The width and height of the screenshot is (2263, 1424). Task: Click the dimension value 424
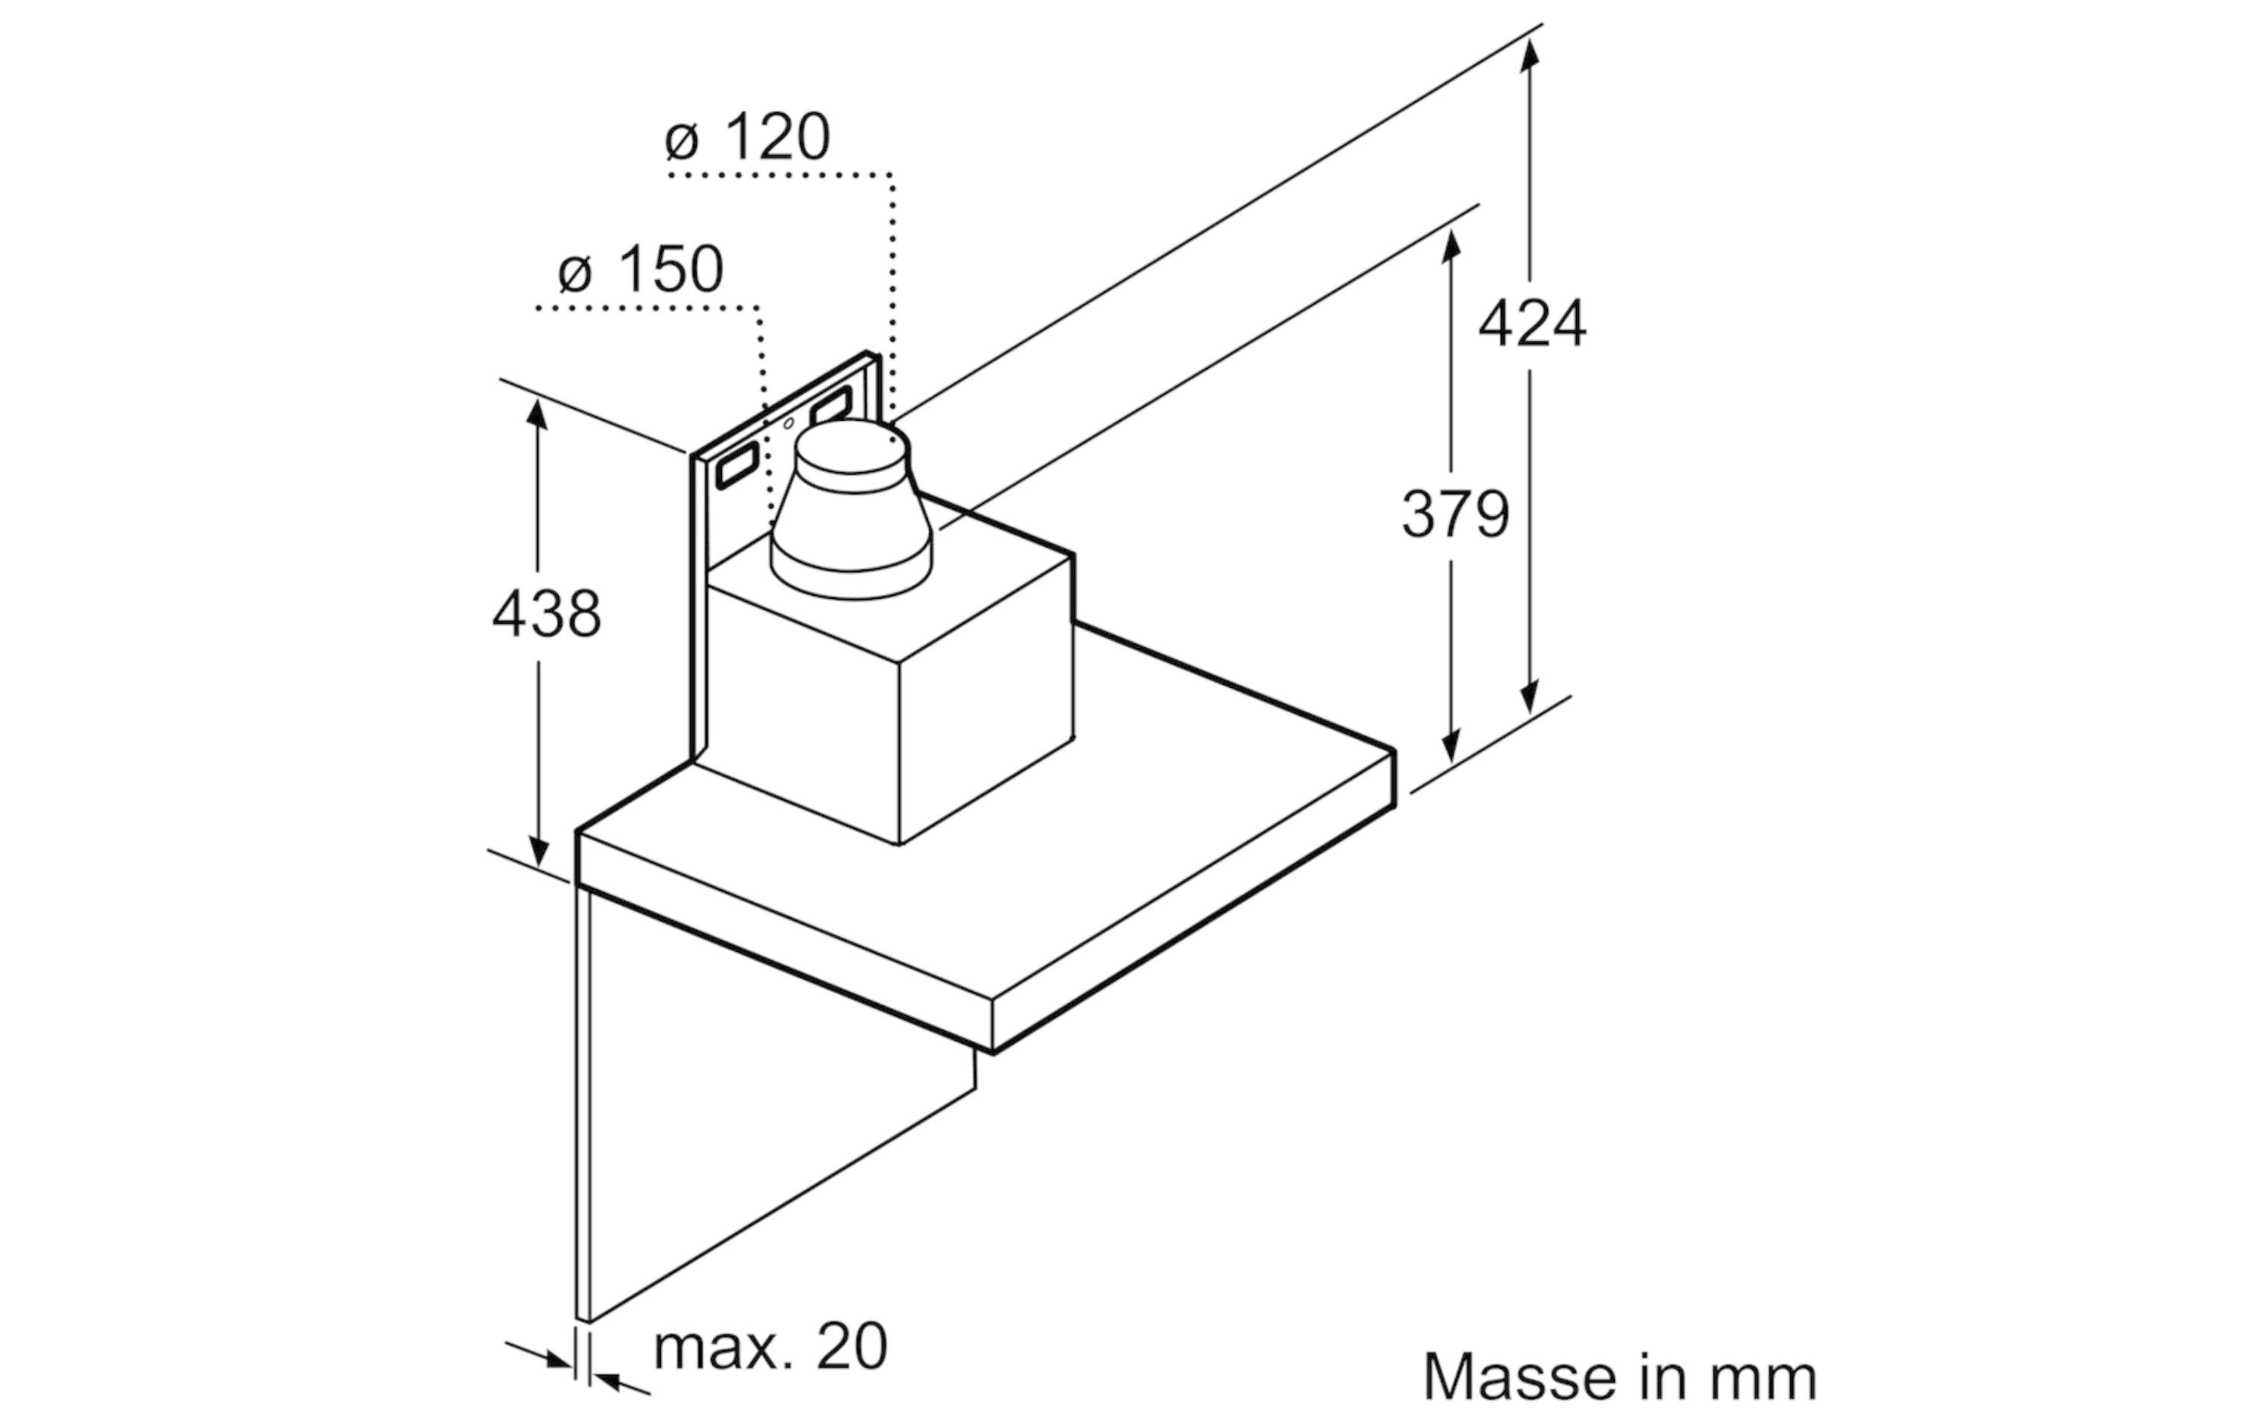point(1532,324)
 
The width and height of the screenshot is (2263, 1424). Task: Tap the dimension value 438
point(546,614)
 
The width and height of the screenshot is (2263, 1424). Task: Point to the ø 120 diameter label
point(747,137)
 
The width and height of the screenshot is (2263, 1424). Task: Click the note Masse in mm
point(1620,1378)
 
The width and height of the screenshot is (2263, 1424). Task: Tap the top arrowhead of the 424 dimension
point(1530,54)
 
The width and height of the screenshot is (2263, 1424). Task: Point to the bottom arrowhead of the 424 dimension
point(1530,696)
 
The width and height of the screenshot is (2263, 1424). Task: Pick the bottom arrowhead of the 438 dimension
point(538,850)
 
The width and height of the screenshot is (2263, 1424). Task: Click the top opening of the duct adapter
point(852,447)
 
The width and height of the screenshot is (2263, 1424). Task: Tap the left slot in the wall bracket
point(738,465)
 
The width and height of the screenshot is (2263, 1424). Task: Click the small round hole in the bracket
point(788,424)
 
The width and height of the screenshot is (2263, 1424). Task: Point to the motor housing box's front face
point(803,714)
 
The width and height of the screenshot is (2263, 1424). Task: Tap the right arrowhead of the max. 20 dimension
point(611,1382)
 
